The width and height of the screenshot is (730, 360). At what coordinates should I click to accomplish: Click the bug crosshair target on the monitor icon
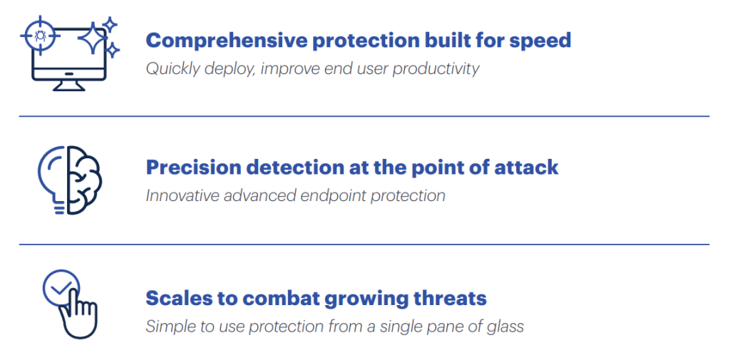[x=40, y=35]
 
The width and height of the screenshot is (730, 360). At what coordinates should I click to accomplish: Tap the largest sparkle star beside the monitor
[x=92, y=38]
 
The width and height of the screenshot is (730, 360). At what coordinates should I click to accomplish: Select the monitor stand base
[x=69, y=86]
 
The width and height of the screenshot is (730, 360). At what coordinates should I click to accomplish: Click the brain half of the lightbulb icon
[x=85, y=180]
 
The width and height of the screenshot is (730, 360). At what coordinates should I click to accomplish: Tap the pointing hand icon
[x=78, y=315]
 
